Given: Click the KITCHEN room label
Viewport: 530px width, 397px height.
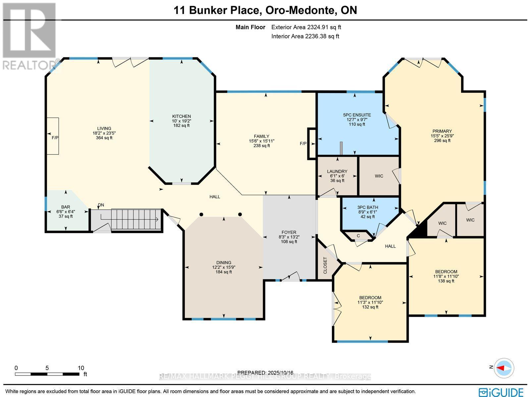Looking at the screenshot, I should tap(181, 116).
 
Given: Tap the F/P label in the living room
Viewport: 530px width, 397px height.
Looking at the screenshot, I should tap(55, 138).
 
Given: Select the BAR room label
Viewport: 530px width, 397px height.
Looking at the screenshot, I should tap(65, 207).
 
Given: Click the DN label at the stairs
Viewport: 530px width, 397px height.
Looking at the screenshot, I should tap(101, 205).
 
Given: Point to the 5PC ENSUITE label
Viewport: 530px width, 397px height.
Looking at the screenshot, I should tap(357, 115).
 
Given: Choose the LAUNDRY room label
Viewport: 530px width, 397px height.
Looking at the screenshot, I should tap(337, 171).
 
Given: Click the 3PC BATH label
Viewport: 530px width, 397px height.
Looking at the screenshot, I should tap(367, 207).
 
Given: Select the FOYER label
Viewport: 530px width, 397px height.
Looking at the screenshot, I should tap(289, 232).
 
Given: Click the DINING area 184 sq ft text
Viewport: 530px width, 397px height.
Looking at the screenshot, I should tap(224, 272).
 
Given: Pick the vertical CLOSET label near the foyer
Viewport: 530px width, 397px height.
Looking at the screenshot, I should tap(325, 265).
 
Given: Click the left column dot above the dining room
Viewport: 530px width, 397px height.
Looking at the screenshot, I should tap(201, 214).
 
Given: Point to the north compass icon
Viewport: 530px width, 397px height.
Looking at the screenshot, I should tap(503, 368).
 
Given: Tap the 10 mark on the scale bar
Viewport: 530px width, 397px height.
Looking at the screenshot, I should tap(81, 368).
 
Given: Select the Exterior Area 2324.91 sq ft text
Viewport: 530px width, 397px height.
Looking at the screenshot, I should tap(306, 28).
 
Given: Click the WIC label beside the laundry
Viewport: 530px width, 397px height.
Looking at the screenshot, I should tap(379, 176).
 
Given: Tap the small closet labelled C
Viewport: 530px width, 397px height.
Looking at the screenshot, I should tap(358, 236).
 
